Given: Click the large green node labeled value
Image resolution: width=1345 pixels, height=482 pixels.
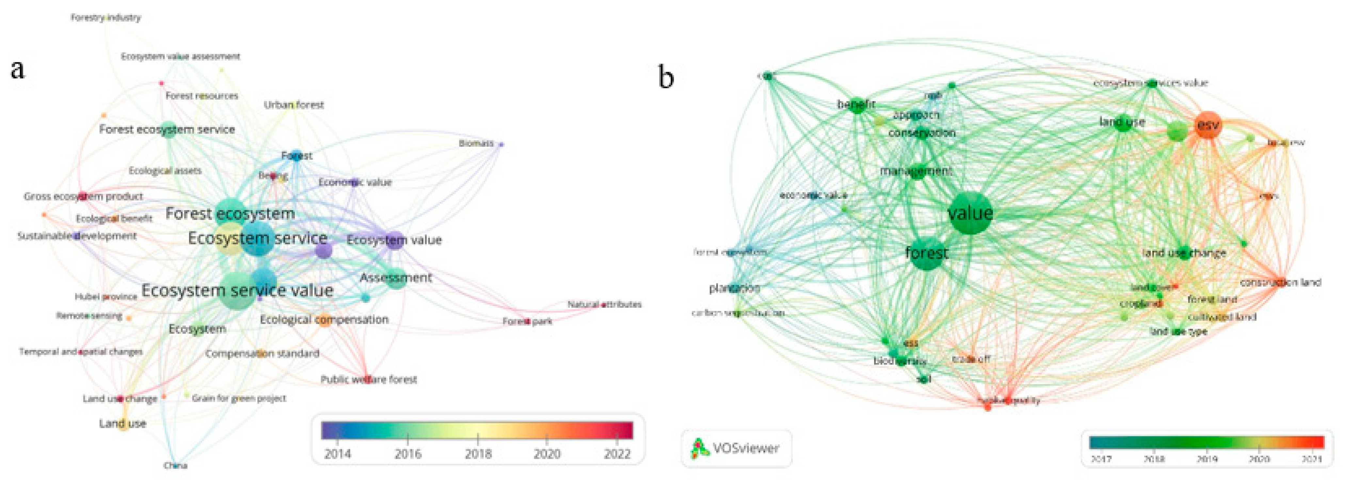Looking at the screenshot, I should click(970, 213).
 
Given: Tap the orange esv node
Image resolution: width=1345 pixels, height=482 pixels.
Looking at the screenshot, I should click(1208, 125).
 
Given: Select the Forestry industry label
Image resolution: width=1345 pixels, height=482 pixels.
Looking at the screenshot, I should click(106, 18).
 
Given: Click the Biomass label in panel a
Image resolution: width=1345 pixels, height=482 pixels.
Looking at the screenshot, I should click(476, 143).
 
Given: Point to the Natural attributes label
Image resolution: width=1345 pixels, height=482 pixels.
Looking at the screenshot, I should click(605, 304).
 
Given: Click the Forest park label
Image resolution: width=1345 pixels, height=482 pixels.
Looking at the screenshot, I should click(527, 321).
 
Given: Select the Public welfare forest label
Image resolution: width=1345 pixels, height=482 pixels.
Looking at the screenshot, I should click(369, 379).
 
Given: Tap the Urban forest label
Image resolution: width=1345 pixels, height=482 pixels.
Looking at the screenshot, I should click(294, 105).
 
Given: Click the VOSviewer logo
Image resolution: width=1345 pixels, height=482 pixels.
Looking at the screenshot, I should click(736, 448).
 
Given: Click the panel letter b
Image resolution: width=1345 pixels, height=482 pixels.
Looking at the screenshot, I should click(666, 77).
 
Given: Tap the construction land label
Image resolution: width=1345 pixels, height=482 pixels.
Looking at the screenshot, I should click(1280, 282).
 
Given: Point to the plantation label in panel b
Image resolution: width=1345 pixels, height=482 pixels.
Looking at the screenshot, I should click(734, 288).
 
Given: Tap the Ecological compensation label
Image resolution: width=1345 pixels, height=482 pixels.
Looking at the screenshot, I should click(324, 319).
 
